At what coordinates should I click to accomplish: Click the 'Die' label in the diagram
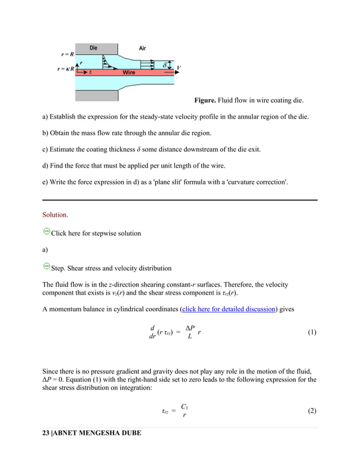click(93, 48)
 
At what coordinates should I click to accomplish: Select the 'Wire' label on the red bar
click(129, 73)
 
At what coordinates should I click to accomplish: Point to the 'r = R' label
click(67, 54)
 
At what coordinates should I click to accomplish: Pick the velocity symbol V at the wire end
click(179, 68)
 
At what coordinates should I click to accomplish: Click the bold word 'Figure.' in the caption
click(207, 101)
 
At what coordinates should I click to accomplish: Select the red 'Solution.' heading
click(55, 215)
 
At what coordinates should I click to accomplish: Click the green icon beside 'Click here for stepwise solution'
click(46, 232)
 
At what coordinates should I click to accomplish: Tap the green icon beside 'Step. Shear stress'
click(46, 267)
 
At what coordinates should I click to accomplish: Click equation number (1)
click(312, 332)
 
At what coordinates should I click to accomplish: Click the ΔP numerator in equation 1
click(190, 328)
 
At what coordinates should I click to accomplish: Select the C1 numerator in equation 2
click(185, 406)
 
